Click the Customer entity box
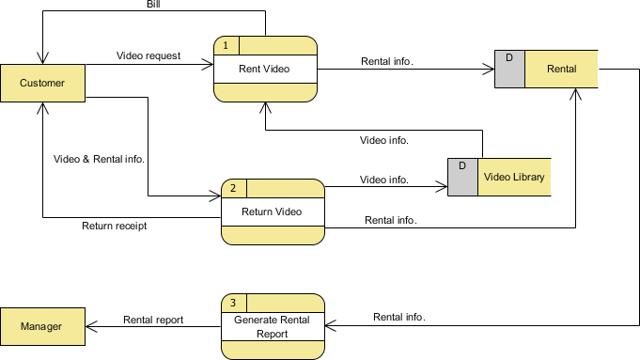point(43,83)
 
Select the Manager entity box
point(43,326)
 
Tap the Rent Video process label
point(264,69)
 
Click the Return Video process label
point(272,211)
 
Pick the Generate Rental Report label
point(272,327)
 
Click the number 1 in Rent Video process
point(226,45)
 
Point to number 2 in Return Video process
point(233,188)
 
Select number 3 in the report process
point(233,303)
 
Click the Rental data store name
point(562,69)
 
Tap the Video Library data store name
point(514,177)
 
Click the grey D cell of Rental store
point(509,69)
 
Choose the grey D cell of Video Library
point(463,177)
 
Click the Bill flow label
point(153,4)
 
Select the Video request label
point(148,55)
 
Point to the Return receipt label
point(115,227)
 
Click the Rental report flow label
point(153,320)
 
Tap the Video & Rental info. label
point(100,159)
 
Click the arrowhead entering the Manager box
point(91,326)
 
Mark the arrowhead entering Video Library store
point(442,187)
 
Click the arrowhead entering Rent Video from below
point(265,107)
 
